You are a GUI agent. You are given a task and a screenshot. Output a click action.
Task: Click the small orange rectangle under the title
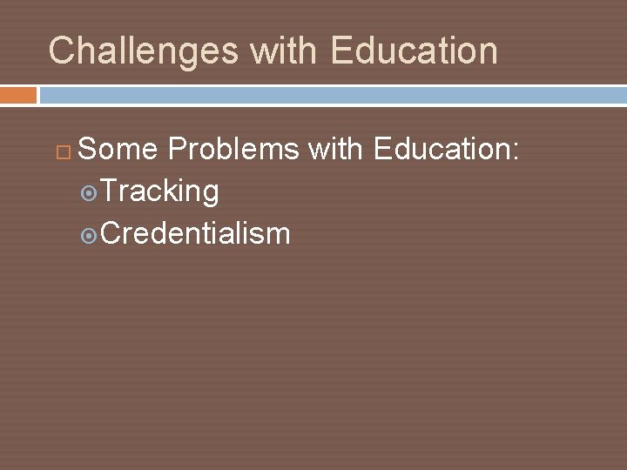pos(17,94)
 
